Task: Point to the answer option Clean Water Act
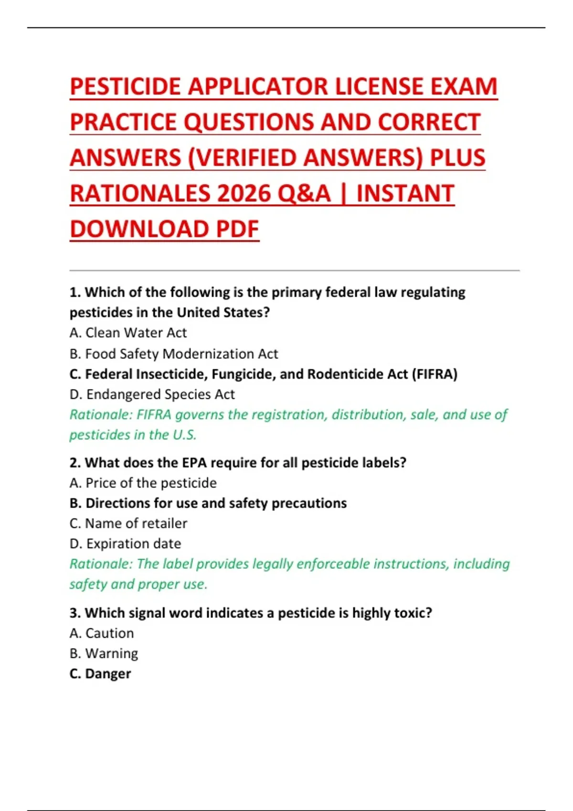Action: pos(136,333)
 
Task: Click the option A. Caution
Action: pos(101,633)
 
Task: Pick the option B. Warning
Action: pos(104,653)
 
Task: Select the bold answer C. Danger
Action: pos(100,674)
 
